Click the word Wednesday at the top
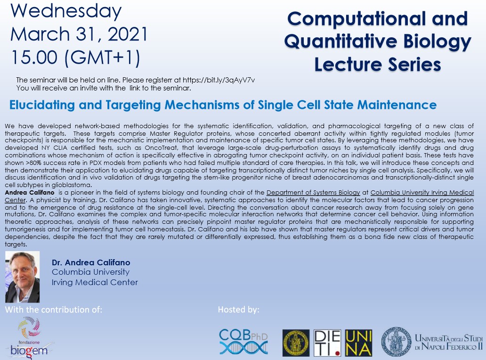point(66,11)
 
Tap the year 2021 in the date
point(128,34)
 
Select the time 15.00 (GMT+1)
point(76,57)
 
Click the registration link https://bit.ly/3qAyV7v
point(219,80)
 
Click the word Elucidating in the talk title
point(42,105)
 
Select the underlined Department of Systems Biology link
point(313,193)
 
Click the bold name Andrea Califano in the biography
point(30,193)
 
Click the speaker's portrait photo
point(22,277)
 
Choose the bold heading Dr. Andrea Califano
point(91,262)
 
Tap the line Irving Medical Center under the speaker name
point(95,282)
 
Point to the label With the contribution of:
point(53,310)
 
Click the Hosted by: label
point(238,310)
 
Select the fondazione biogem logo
point(29,337)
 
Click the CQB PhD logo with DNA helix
point(243,342)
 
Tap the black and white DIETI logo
point(327,343)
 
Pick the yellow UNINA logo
point(358,343)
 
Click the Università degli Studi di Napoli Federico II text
point(448,342)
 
